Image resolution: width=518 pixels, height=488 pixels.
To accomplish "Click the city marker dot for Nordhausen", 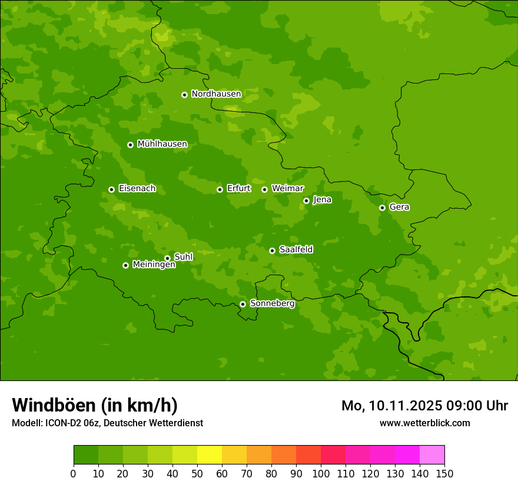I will (x=184, y=95).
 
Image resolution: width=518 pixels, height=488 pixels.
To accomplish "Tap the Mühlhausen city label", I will (x=162, y=144).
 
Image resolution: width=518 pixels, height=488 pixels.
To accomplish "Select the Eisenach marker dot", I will (x=111, y=189).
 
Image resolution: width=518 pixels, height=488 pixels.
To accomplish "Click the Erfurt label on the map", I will (x=238, y=189).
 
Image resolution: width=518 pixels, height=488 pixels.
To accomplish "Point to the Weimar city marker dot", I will (x=264, y=189).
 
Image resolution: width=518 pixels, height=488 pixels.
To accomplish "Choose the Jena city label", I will (x=322, y=200).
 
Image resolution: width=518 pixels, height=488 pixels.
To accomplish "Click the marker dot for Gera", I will (x=382, y=208).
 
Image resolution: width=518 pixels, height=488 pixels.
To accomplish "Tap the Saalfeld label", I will (x=295, y=250).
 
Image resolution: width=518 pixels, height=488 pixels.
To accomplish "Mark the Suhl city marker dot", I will (x=167, y=258).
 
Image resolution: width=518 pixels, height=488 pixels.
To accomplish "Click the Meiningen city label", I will (x=154, y=265).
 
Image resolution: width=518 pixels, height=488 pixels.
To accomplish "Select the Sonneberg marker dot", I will (x=243, y=304).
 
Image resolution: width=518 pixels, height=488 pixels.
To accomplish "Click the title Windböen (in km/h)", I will (x=95, y=405).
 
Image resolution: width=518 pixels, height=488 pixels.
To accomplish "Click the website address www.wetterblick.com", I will (x=424, y=423).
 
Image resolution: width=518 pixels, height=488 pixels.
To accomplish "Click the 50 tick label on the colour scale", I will (x=197, y=474).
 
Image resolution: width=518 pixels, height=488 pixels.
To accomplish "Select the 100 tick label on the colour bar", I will (x=321, y=474).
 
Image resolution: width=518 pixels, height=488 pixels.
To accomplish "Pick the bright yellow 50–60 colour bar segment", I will (x=210, y=455).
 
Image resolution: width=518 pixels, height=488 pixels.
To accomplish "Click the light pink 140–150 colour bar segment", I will (x=432, y=455).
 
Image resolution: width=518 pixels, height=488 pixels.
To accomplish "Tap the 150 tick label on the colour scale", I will (x=444, y=474).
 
